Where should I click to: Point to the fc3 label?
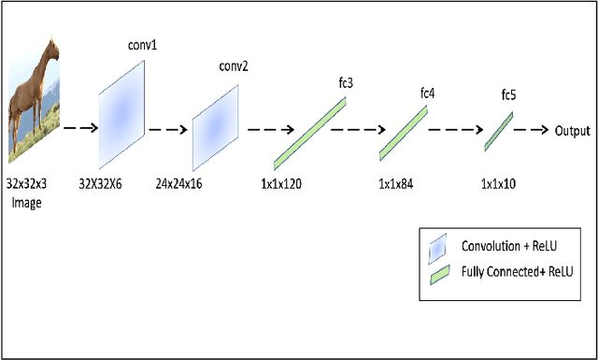tap(345, 82)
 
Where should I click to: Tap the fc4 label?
tap(428, 94)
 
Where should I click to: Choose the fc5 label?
tap(509, 95)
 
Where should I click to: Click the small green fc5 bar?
tap(498, 132)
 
